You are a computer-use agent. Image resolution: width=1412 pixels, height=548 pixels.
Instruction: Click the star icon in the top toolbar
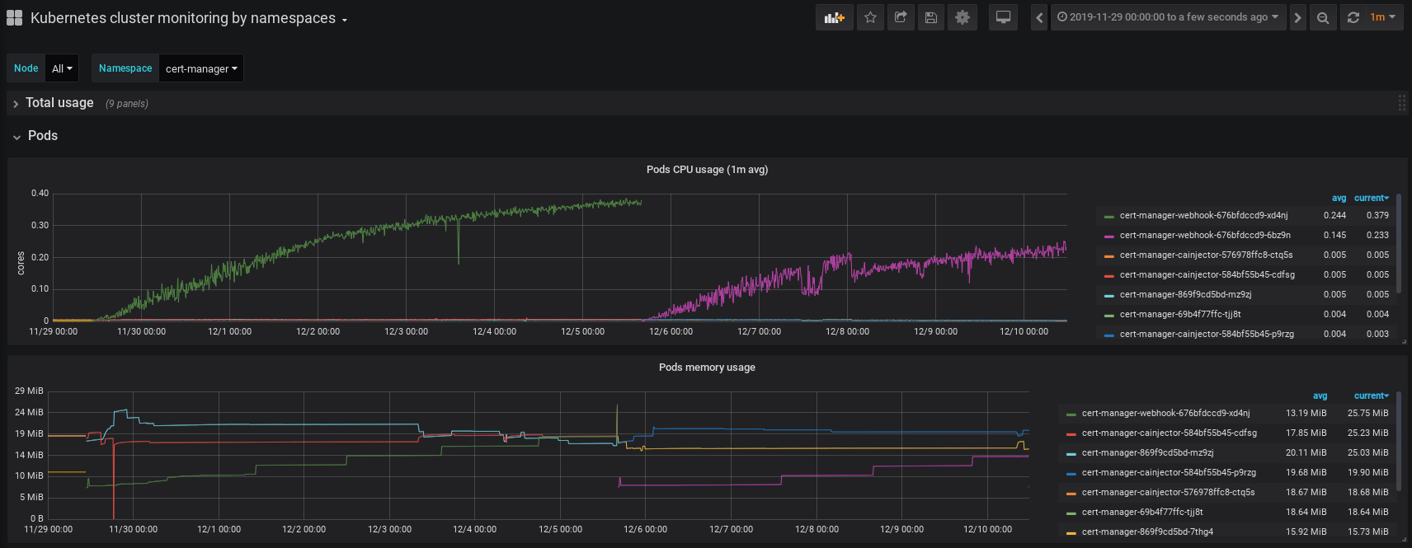point(870,17)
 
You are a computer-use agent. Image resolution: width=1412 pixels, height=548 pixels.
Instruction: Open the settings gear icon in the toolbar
point(962,17)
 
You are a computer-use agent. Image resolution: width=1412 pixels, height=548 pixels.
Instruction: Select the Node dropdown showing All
point(62,68)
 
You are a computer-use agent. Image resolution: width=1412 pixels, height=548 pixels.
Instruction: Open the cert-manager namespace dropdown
point(200,68)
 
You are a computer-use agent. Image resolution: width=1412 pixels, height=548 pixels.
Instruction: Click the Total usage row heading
point(59,103)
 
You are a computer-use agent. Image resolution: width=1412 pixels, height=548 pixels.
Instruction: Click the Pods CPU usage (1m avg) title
point(707,170)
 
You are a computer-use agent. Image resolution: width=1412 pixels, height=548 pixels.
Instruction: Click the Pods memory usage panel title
point(707,368)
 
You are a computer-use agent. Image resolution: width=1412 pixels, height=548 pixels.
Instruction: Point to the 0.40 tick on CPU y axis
point(40,194)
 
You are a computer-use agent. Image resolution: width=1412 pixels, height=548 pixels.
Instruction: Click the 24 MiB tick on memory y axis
point(29,412)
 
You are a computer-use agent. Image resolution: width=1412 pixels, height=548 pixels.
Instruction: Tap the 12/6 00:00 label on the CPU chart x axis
point(671,332)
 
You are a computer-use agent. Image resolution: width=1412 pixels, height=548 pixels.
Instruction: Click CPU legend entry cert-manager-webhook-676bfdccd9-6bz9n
point(1204,236)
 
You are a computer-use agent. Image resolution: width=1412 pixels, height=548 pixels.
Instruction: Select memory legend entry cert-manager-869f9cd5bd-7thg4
point(1146,532)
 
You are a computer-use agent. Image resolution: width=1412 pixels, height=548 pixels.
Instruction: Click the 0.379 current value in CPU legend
point(1377,216)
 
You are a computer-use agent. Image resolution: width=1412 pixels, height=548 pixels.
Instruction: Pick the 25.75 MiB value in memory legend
point(1367,414)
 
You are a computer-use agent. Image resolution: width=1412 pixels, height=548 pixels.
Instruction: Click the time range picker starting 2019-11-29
point(1167,17)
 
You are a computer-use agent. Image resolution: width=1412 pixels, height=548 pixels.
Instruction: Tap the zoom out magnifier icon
point(1323,17)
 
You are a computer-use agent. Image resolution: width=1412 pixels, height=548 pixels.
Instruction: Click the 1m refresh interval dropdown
point(1383,17)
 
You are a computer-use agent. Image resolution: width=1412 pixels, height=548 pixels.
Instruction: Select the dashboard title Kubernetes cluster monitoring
point(182,18)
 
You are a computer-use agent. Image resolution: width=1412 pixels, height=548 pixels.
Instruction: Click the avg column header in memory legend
point(1320,396)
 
